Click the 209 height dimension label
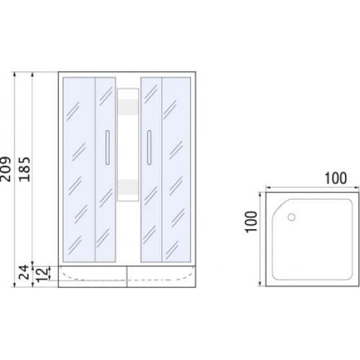pos(6,169)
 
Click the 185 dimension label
pos(25,169)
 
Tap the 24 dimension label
pos(24,272)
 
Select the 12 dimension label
pos(43,273)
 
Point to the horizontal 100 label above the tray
pos(335,178)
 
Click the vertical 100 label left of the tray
pos(251,222)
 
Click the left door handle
pos(107,147)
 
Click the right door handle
pos(149,147)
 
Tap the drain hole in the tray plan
pos(291,217)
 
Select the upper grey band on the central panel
pos(128,107)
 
